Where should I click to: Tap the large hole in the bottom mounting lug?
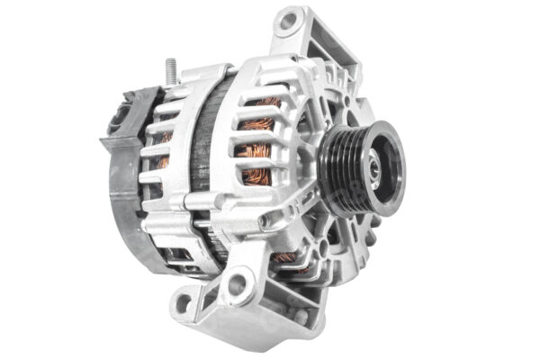pyautogui.click(x=237, y=286)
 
